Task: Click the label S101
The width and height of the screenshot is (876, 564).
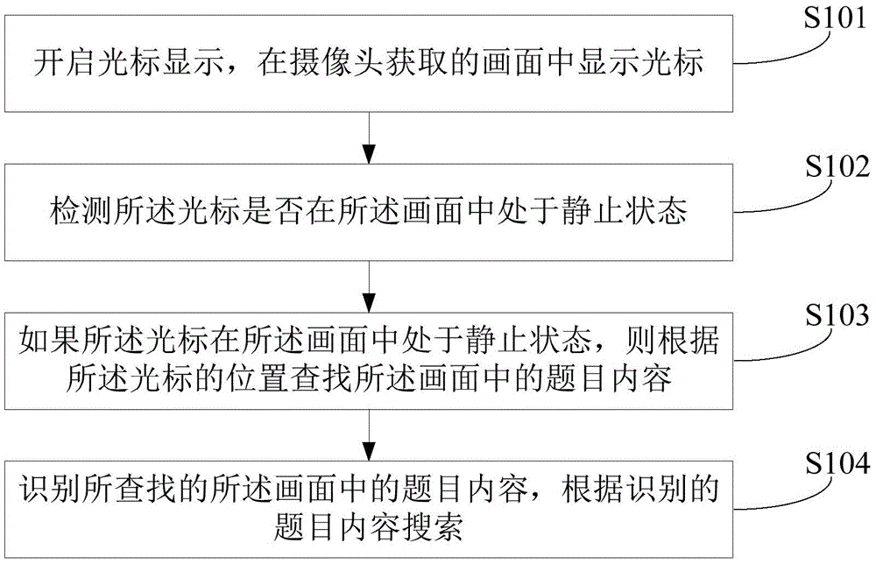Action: pyautogui.click(x=832, y=20)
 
